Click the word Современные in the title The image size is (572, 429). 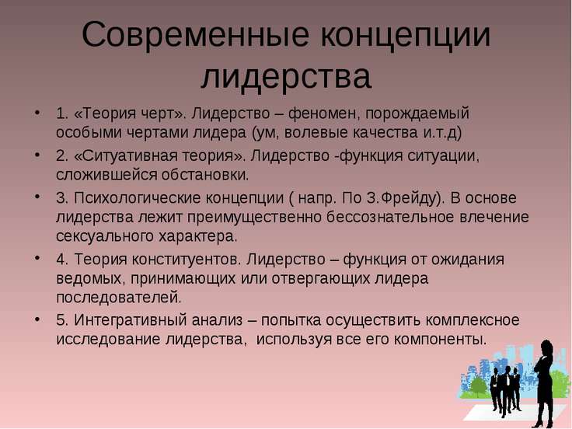click(x=195, y=35)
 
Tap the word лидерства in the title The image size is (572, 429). click(x=286, y=77)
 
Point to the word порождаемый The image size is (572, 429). click(x=417, y=114)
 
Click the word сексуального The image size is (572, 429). click(x=105, y=237)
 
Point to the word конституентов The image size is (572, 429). click(x=185, y=260)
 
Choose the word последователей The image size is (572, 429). click(x=119, y=298)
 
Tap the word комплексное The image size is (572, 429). click(x=473, y=321)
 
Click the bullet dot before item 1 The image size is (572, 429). click(x=37, y=112)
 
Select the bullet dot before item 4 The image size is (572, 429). click(x=37, y=258)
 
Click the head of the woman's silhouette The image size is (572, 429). click(x=546, y=347)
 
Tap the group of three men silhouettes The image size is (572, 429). click(x=505, y=391)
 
